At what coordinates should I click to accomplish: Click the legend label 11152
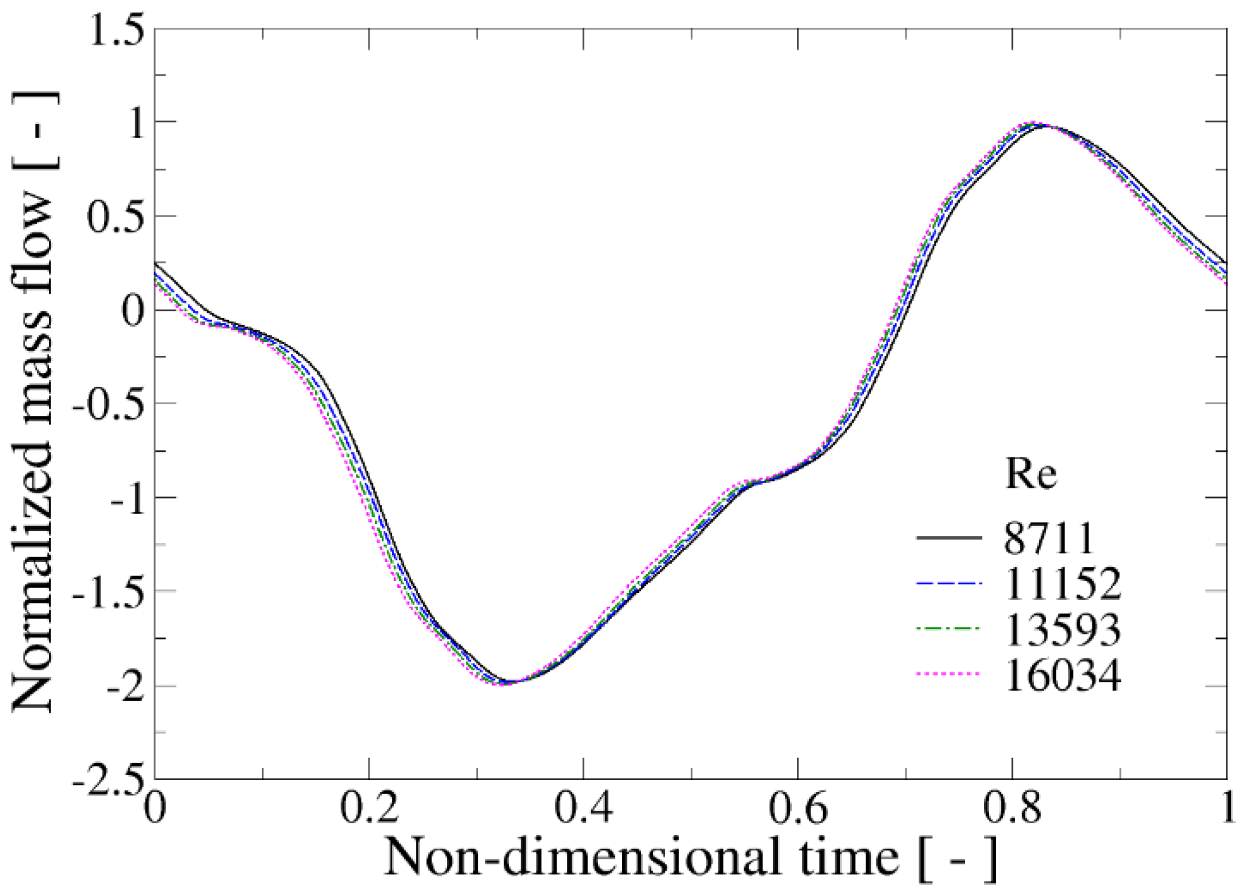point(1063,584)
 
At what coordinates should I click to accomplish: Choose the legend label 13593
point(1063,629)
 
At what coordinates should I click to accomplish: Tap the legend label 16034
point(1063,675)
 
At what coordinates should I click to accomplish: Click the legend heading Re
point(1031,473)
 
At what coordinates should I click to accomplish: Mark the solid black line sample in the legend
point(949,538)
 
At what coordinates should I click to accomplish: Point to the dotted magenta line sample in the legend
point(949,675)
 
